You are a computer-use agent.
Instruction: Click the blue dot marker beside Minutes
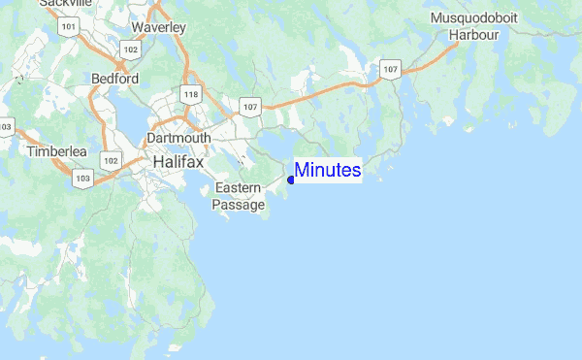pyautogui.click(x=291, y=179)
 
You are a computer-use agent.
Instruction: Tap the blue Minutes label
pyautogui.click(x=328, y=171)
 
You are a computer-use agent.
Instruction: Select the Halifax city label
pyautogui.click(x=178, y=162)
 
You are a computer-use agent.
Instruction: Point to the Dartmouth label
pyautogui.click(x=178, y=139)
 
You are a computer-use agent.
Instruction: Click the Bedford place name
pyautogui.click(x=114, y=78)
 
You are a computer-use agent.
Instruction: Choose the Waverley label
pyautogui.click(x=158, y=27)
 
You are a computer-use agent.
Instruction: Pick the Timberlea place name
pyautogui.click(x=57, y=152)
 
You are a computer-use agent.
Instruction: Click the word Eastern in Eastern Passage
pyautogui.click(x=239, y=187)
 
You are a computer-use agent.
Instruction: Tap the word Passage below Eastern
pyautogui.click(x=239, y=205)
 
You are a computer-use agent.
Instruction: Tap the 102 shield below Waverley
pyautogui.click(x=130, y=47)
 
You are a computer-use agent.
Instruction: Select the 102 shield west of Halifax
pyautogui.click(x=111, y=160)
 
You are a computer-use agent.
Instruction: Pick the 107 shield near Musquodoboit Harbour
pyautogui.click(x=390, y=69)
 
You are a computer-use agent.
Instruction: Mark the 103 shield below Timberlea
pyautogui.click(x=82, y=179)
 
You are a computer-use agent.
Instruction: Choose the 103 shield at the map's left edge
pyautogui.click(x=5, y=127)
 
